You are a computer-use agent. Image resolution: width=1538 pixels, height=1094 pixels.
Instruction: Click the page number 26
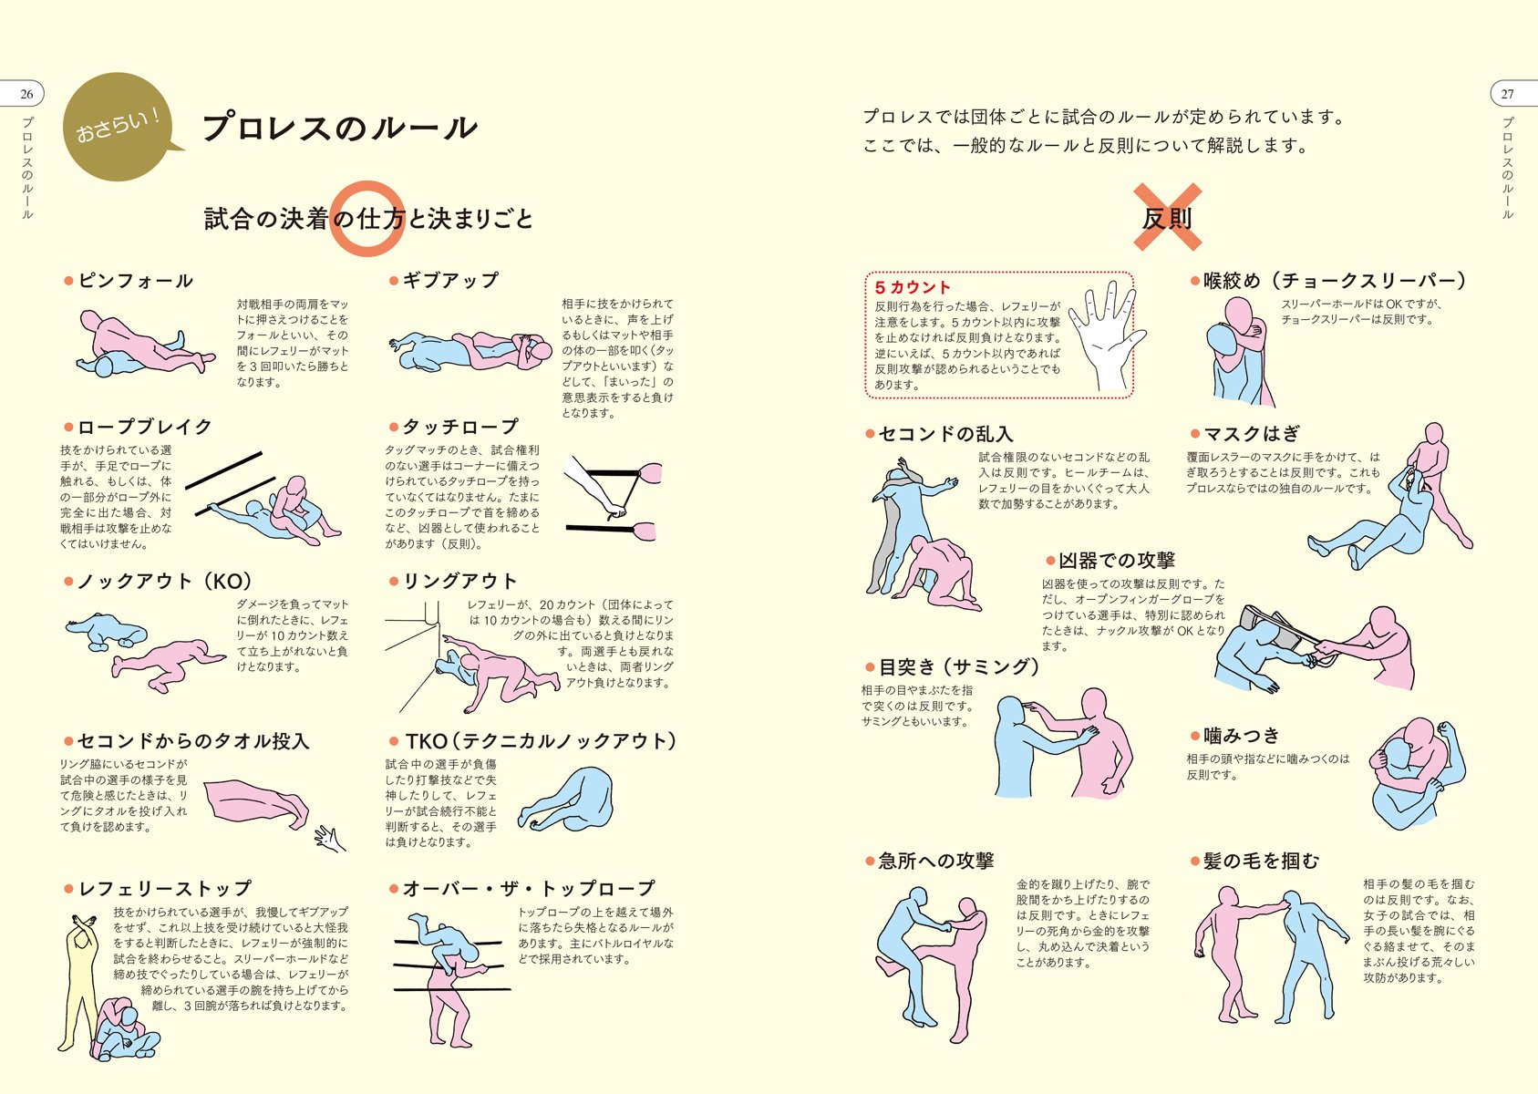[x=26, y=94]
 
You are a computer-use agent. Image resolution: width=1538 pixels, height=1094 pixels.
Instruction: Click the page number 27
[x=1507, y=94]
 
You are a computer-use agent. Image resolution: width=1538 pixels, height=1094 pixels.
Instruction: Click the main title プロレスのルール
[x=339, y=128]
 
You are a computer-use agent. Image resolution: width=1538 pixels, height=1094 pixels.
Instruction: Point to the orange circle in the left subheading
[x=366, y=219]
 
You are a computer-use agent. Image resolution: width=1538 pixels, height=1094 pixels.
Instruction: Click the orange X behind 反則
[x=1167, y=217]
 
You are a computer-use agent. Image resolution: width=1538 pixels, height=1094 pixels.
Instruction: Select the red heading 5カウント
[x=913, y=287]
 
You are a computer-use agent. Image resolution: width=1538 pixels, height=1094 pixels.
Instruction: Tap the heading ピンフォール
[x=135, y=281]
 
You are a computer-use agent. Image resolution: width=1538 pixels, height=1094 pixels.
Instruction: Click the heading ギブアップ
[x=450, y=281]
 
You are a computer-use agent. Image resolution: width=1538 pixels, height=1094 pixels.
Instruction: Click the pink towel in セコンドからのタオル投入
[x=255, y=802]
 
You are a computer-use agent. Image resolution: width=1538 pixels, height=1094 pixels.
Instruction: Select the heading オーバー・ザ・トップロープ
[x=529, y=888]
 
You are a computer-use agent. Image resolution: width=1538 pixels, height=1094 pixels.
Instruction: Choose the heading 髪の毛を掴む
[x=1261, y=861]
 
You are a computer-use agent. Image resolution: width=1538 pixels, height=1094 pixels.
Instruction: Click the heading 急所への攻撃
[x=935, y=861]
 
